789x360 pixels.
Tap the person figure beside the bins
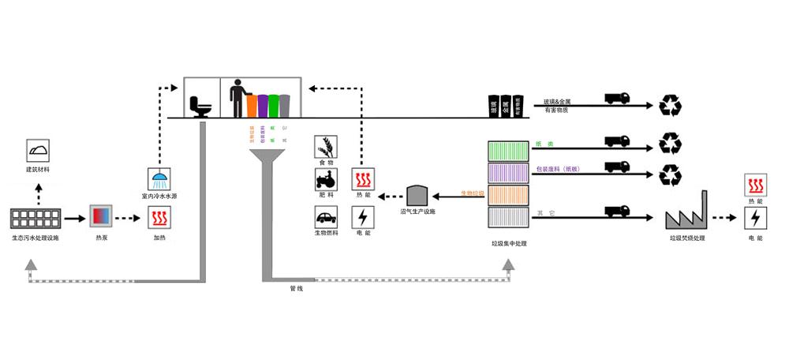pos(237,99)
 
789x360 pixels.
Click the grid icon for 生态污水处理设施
pos(36,218)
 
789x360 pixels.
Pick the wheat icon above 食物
pos(325,146)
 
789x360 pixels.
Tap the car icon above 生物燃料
pos(325,216)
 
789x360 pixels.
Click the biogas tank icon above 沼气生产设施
pos(417,195)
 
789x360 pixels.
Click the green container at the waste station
pos(507,150)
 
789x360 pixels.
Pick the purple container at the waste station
pos(507,172)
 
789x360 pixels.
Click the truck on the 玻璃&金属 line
pos(617,98)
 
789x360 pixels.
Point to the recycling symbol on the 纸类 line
pos(671,143)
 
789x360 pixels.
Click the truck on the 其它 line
pos(617,211)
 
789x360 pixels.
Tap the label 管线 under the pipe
pos(296,288)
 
